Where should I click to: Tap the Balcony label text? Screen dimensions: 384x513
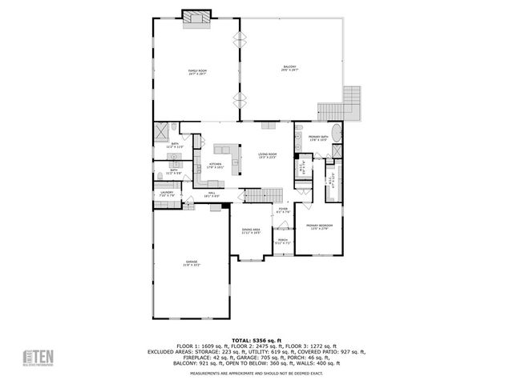tap(289, 68)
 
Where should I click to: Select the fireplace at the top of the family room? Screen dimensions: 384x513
tap(197, 18)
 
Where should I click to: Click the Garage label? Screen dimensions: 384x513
tap(192, 262)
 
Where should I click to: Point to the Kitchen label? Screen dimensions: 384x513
tap(214, 166)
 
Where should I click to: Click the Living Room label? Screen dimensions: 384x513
tap(267, 155)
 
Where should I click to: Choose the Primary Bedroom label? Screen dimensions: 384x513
tap(318, 228)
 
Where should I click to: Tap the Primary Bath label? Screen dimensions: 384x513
tap(319, 138)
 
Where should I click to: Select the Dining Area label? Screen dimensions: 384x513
tap(252, 231)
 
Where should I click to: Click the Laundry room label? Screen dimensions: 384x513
tap(167, 194)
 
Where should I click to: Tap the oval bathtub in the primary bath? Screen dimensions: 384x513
tap(336, 134)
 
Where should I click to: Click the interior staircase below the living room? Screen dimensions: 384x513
tap(263, 195)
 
